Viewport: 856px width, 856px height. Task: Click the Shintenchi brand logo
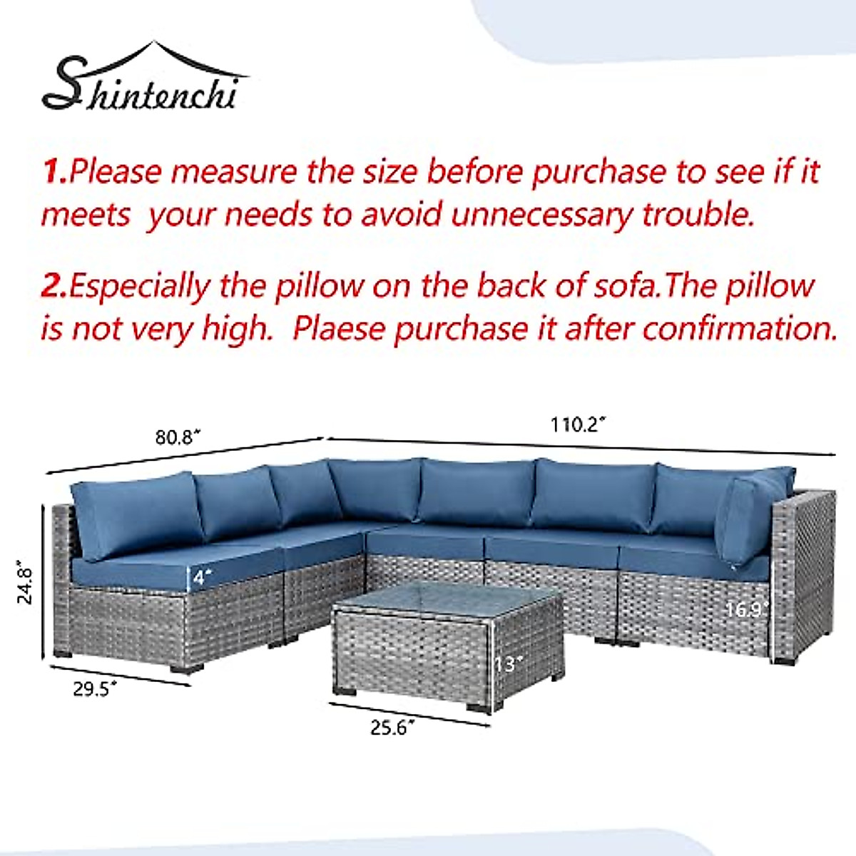(x=143, y=82)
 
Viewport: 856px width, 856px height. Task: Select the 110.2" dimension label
(x=578, y=424)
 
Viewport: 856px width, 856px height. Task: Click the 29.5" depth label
(x=95, y=690)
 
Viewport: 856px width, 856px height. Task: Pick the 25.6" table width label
(x=392, y=728)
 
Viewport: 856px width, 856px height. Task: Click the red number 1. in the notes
(x=56, y=172)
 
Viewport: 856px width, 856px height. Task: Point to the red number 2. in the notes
(x=54, y=286)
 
